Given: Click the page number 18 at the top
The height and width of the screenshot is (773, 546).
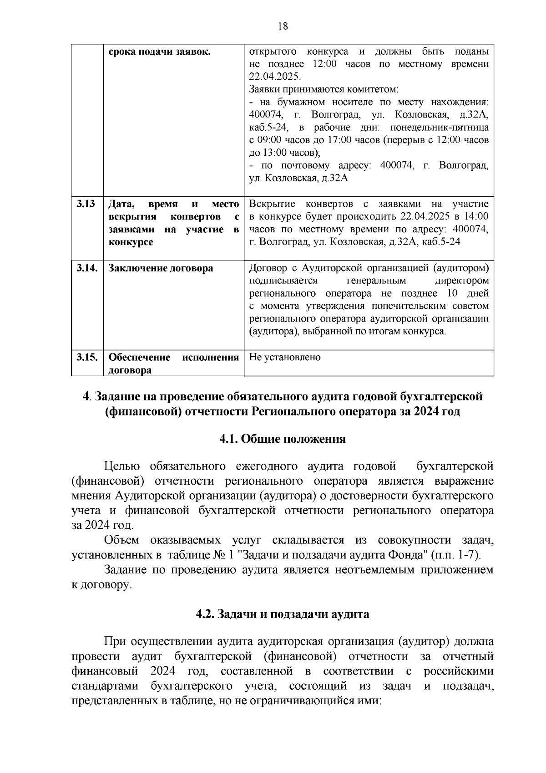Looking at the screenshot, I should click(x=283, y=26).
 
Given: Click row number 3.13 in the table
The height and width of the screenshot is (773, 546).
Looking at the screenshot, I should click(x=86, y=204).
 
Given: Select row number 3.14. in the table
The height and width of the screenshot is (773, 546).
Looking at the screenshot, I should click(x=87, y=268).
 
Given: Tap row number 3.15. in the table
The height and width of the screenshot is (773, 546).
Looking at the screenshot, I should click(x=87, y=357).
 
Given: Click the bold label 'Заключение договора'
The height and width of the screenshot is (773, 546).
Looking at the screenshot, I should click(x=161, y=268).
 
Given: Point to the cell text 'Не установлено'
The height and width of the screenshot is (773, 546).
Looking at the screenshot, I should click(x=285, y=357).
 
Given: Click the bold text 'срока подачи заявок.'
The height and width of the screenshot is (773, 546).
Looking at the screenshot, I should click(x=159, y=51).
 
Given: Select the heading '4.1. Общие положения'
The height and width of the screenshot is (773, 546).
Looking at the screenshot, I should click(x=282, y=439).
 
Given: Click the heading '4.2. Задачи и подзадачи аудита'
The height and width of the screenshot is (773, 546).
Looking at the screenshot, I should click(x=282, y=614).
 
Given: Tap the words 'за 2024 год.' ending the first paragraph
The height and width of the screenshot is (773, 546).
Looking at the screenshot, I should click(x=102, y=525).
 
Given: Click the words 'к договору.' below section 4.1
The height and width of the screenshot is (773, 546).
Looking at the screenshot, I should click(x=101, y=584).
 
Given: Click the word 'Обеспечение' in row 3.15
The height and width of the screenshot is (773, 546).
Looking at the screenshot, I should click(x=139, y=357).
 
